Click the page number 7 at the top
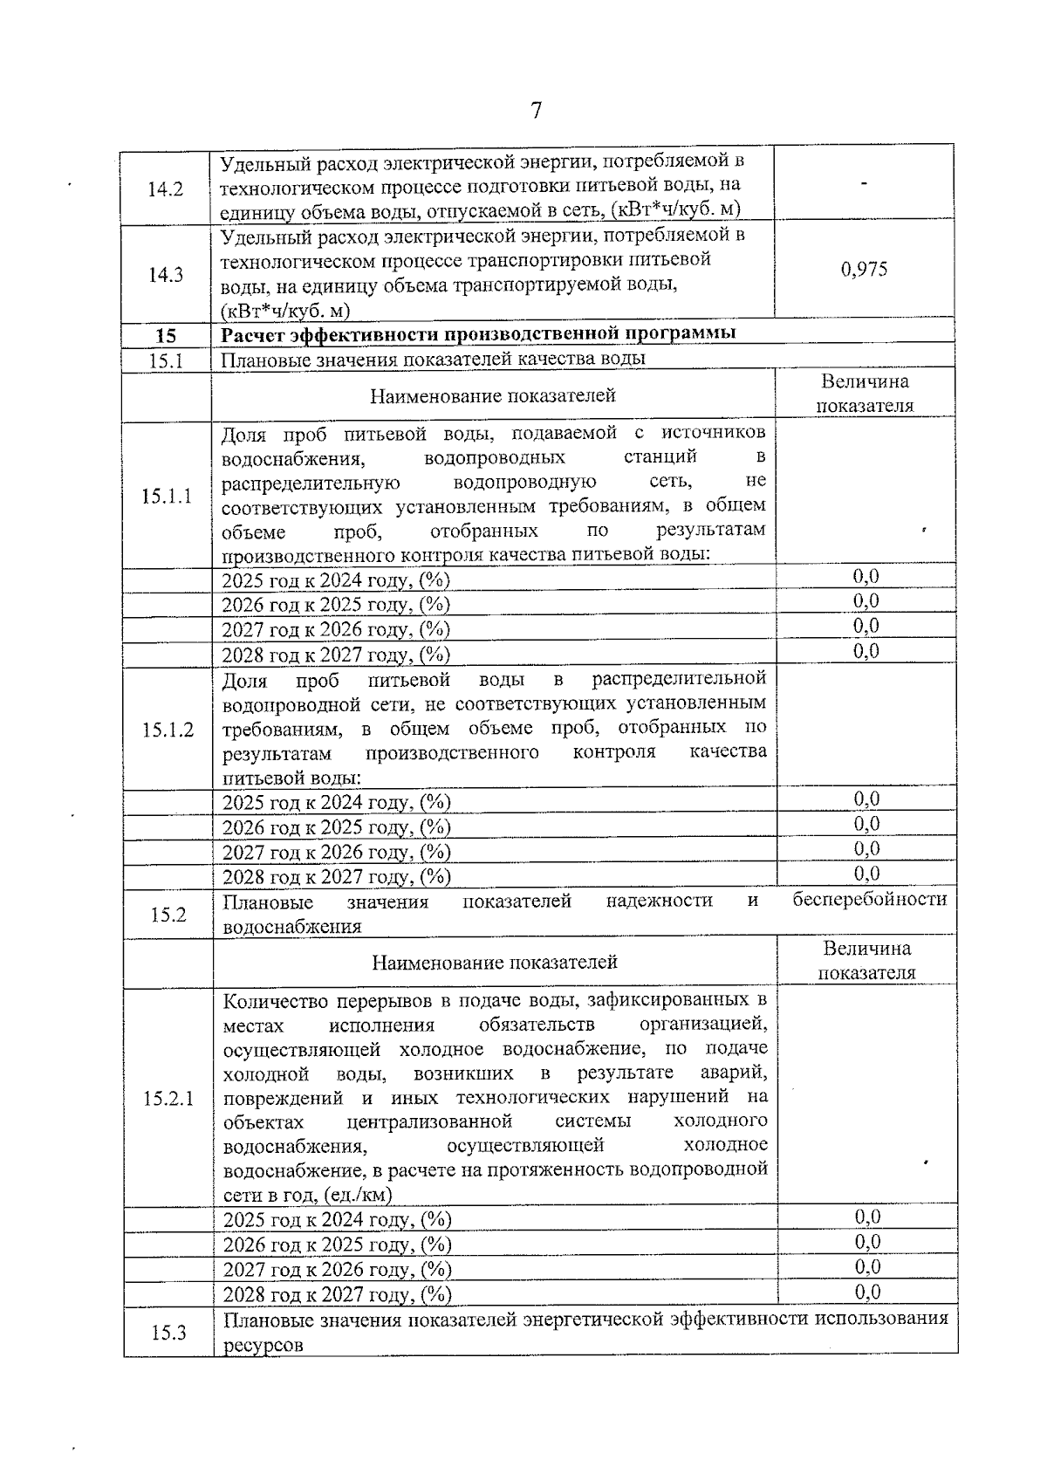tap(536, 111)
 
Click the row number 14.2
tap(165, 189)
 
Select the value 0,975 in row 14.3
tap(864, 269)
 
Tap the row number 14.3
tap(165, 275)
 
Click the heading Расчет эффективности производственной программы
tap(478, 334)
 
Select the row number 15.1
tap(165, 360)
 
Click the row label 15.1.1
tap(167, 497)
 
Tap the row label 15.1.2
tap(168, 730)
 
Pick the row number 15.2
tap(168, 915)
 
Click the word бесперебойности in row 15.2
tap(869, 900)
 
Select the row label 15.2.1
tap(168, 1099)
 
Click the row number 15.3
tap(168, 1333)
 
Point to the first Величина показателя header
tap(864, 394)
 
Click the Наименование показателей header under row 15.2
tap(494, 963)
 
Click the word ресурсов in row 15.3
tap(263, 1345)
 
